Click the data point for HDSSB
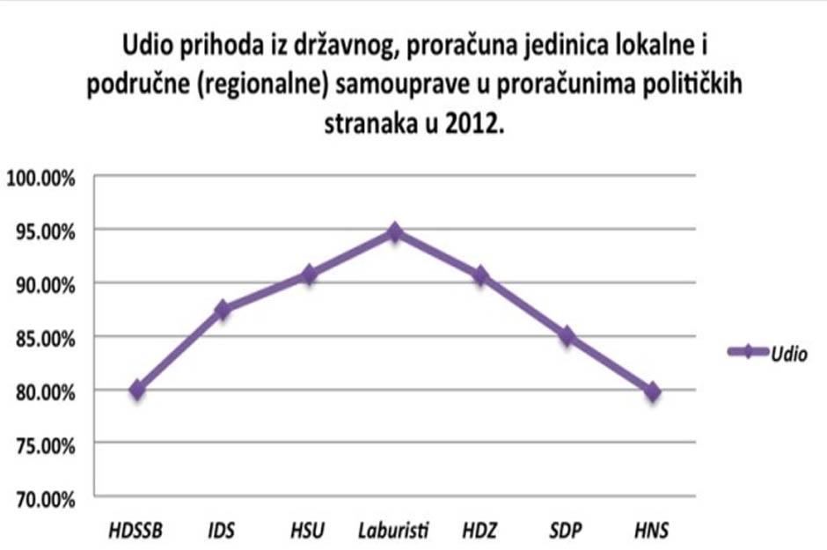tap(137, 390)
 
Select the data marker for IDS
tap(223, 310)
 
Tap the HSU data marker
tap(309, 275)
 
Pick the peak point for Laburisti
tap(395, 232)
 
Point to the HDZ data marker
tap(480, 276)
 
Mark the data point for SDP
tap(567, 336)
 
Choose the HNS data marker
tap(652, 392)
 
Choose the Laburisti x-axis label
tap(394, 531)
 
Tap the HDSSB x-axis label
tap(137, 531)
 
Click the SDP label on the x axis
tap(567, 531)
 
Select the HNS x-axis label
tap(652, 531)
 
